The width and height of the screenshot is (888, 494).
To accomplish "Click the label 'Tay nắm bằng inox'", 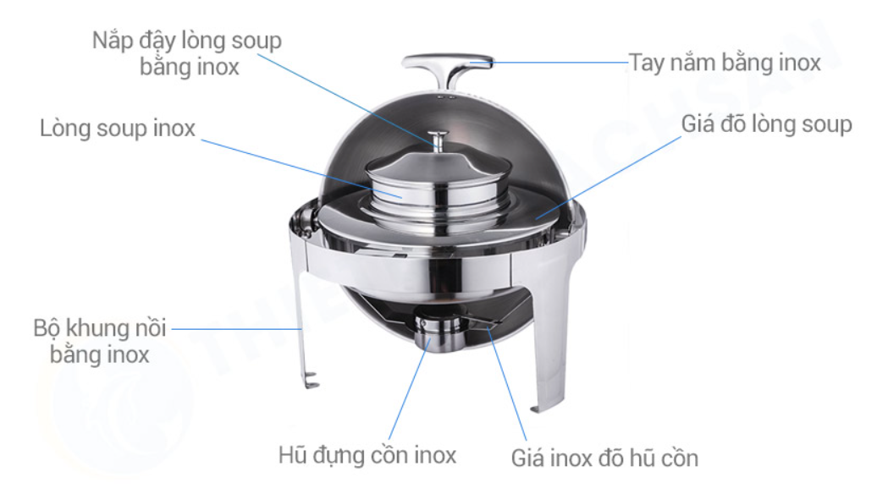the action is coord(725,63).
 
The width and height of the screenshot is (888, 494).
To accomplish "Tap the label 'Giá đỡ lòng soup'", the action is coord(766,124).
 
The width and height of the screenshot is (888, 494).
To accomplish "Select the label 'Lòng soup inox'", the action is coord(117,129).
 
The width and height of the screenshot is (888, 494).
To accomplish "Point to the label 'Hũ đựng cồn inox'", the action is coord(367,455).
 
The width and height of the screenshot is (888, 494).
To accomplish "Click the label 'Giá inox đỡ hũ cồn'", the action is coord(604,458).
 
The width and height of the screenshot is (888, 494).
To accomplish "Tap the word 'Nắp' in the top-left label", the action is coord(112,41).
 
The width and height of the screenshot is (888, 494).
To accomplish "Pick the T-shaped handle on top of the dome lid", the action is coord(448,69).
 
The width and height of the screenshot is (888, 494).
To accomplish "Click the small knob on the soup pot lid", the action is coord(438,140).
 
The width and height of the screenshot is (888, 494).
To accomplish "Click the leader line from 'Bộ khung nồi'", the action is coord(237,328).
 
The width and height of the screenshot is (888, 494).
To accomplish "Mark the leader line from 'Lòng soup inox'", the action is coord(301,168).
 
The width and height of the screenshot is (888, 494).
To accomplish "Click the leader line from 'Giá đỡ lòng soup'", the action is coord(609,177).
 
